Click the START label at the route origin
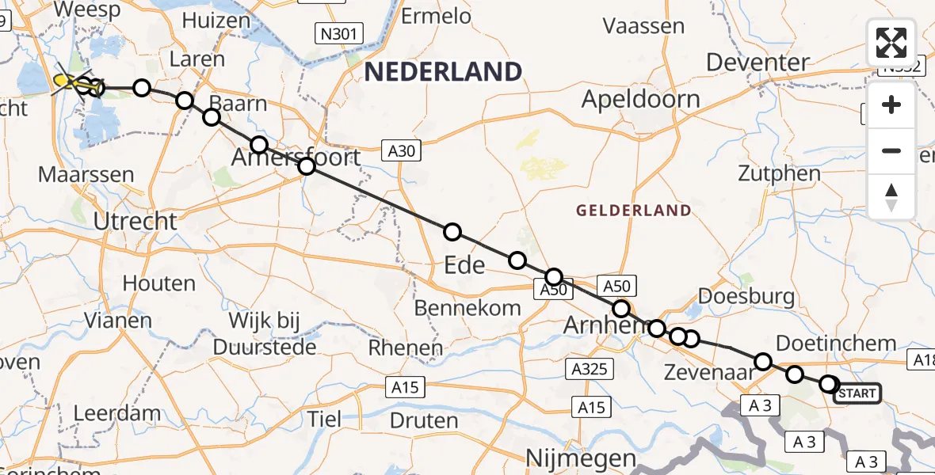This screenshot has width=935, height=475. pos(856,393)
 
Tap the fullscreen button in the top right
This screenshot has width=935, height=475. pos(891,43)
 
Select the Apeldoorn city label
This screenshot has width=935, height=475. pos(641,99)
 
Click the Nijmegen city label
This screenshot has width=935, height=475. pos(582,458)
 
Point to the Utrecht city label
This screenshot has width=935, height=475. pos(135,222)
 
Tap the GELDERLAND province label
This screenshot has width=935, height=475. pos(633,211)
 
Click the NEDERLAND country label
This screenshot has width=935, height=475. pos(443,72)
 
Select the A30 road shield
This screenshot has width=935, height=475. pos(398,150)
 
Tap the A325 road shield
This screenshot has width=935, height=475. pos(589,368)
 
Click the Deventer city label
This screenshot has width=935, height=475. pos(758,63)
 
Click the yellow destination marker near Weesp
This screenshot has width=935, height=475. pos(67,81)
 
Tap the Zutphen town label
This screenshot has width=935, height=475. pos(778,173)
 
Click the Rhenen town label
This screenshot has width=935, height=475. pos(406,348)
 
